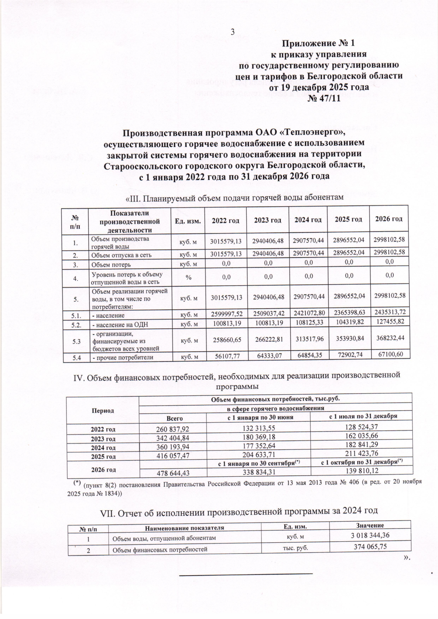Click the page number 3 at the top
coord(232,32)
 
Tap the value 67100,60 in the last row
coord(389,354)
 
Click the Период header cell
coord(104,410)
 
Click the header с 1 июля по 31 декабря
coord(361,417)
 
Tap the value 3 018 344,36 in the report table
coord(370,535)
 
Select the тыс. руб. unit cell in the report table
coord(295,547)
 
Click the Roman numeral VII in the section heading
coord(108,512)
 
